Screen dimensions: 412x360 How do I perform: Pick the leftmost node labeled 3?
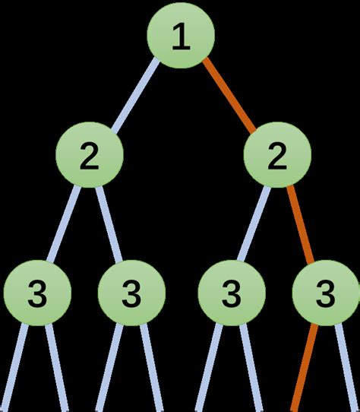[x=37, y=292]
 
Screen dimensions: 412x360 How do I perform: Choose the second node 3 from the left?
[x=131, y=292]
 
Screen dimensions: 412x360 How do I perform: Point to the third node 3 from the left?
[x=230, y=292]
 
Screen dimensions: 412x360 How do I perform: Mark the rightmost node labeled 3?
[x=326, y=292]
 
